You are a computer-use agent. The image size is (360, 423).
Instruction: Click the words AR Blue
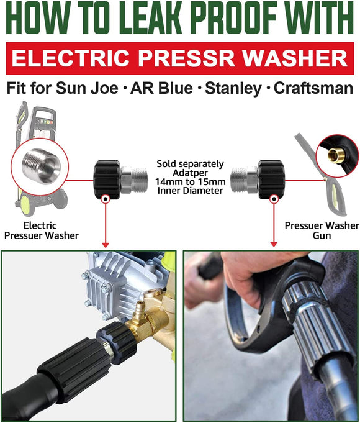click(x=161, y=88)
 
